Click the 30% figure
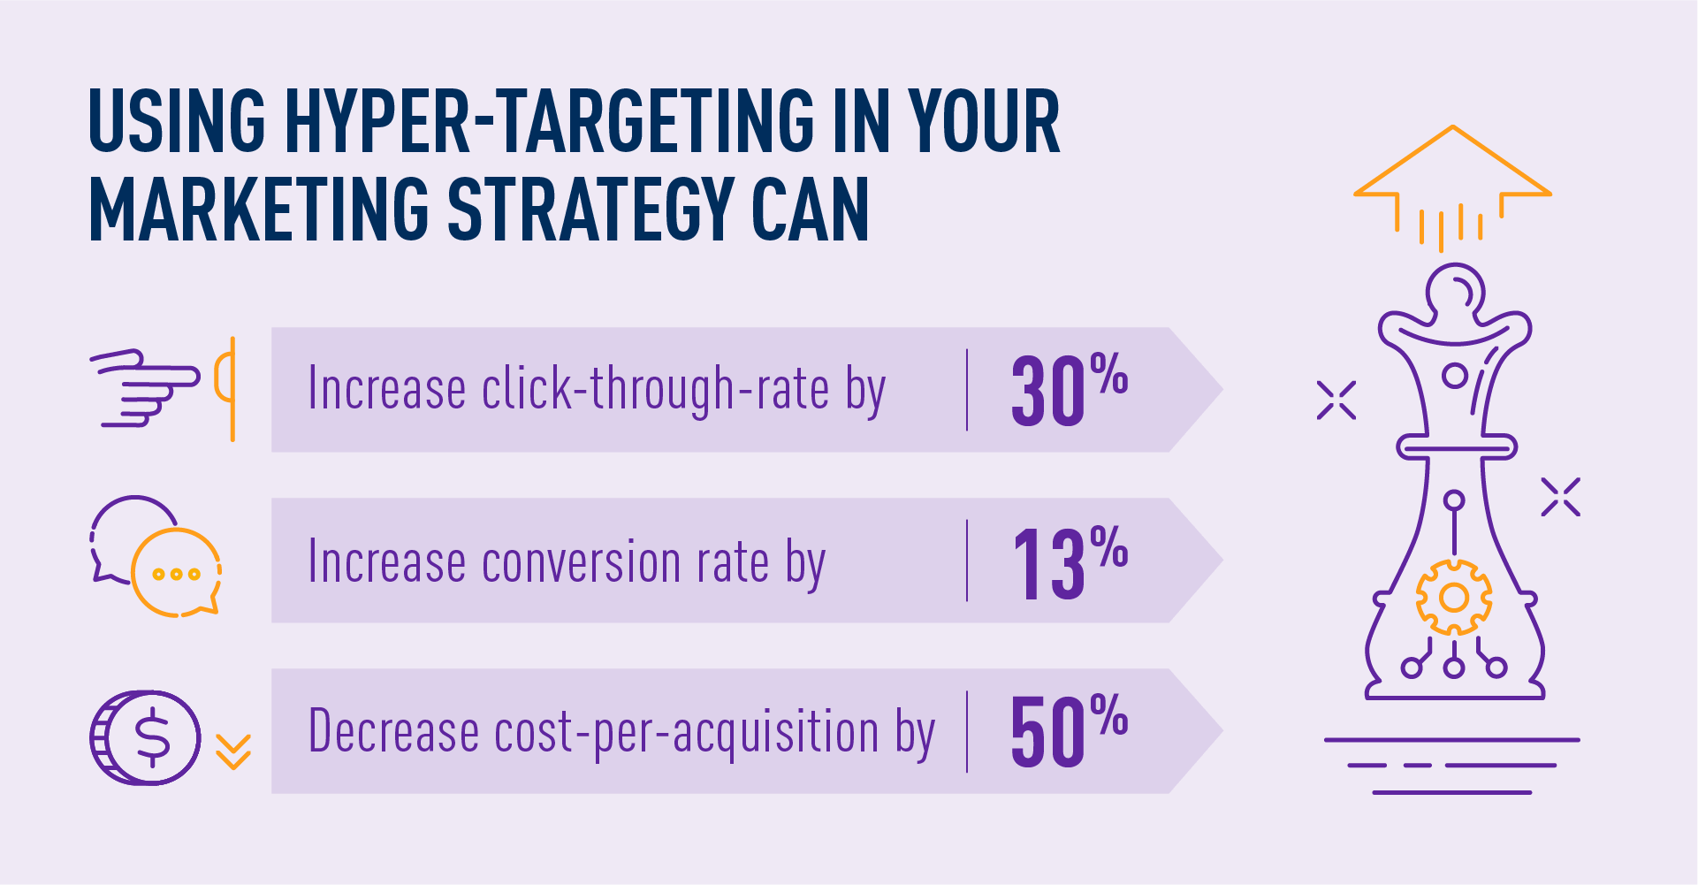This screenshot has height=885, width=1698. tap(1068, 390)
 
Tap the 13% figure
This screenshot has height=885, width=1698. tap(1068, 561)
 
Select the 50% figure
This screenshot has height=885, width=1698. tap(1068, 731)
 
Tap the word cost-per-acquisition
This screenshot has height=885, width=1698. tap(686, 733)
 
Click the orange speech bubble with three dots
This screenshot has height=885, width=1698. tap(176, 574)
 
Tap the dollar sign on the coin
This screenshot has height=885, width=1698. tap(153, 737)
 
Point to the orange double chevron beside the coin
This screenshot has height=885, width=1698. tap(233, 751)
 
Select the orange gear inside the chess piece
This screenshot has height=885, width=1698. tap(1453, 598)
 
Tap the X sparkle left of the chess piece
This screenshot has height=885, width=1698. tap(1336, 401)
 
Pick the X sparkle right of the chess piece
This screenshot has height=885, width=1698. tap(1560, 497)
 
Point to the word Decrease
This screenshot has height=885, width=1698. tap(393, 733)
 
